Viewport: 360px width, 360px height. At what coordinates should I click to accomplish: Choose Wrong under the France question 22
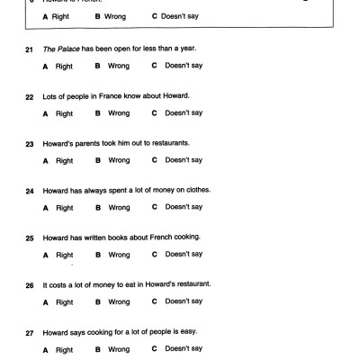coord(119,112)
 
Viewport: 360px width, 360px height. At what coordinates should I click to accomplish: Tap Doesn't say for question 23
coord(183,159)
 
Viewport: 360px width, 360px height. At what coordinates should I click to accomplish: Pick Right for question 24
coord(64,207)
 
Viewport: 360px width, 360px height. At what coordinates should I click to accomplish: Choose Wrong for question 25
coord(119,254)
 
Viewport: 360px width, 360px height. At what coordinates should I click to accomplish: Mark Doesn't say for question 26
coord(183,301)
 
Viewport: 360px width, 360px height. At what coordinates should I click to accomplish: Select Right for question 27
coord(64,348)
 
